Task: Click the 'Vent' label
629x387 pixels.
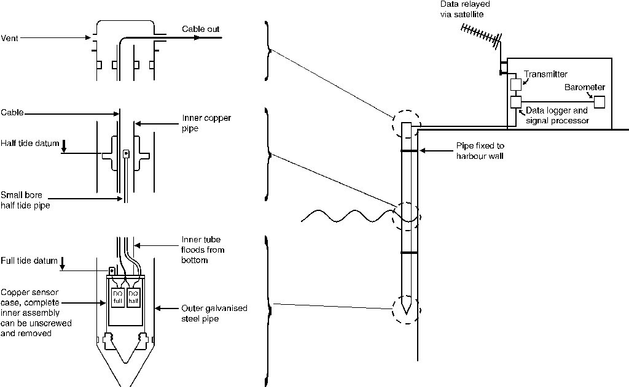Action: point(10,37)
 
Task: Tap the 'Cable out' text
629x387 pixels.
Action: point(200,29)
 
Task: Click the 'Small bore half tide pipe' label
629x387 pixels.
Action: point(25,200)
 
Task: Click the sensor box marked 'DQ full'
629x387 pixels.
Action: point(117,298)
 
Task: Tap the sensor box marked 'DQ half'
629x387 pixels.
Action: point(133,298)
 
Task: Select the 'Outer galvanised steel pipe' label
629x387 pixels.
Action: point(214,313)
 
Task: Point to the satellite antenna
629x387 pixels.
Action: point(480,36)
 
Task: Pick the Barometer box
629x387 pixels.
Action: point(599,101)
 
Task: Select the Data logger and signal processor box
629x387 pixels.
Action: point(515,101)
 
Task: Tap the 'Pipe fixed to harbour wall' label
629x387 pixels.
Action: point(480,151)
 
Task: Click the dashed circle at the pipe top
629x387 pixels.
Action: point(406,125)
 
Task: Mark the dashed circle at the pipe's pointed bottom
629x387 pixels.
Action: point(405,310)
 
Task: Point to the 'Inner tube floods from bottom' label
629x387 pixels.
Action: point(203,250)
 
